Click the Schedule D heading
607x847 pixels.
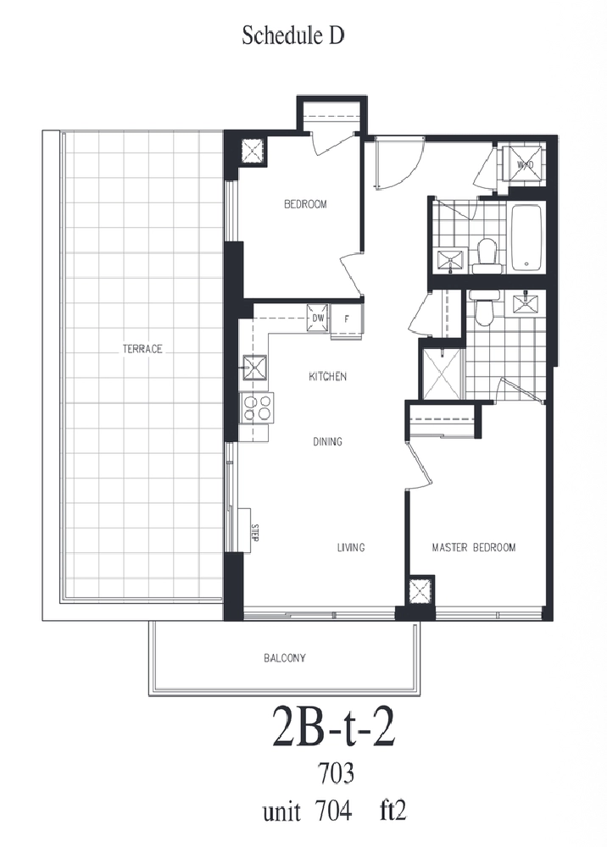coord(293,36)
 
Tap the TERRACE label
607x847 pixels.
coord(142,349)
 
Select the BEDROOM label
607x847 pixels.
coord(305,204)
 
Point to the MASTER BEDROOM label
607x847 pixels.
coord(474,547)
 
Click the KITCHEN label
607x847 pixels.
coord(327,377)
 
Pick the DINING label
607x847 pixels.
coord(327,441)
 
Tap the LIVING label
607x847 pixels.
coord(351,547)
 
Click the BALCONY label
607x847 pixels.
coord(285,658)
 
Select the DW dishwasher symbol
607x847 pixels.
coord(318,318)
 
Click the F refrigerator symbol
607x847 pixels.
coord(347,319)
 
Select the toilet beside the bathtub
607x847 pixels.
coord(487,256)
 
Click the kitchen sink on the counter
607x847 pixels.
coord(254,368)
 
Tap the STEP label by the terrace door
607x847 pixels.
coord(255,533)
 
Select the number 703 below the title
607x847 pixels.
coord(337,773)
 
